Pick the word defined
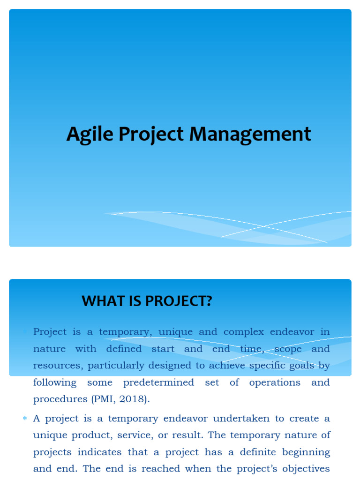pos(124,349)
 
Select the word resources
pos(57,366)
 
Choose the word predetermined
pos(158,382)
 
